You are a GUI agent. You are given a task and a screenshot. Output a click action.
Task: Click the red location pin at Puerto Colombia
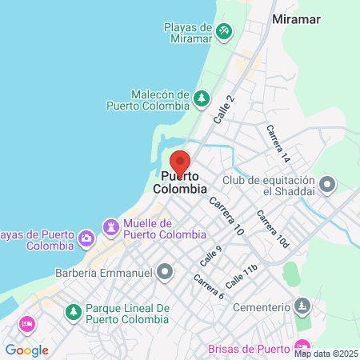pyautogui.click(x=180, y=161)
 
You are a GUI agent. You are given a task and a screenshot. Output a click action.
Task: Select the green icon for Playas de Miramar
pyautogui.click(x=225, y=32)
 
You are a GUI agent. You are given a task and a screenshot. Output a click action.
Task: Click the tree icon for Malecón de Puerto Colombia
pyautogui.click(x=202, y=99)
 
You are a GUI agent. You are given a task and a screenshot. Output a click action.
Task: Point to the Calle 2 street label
pyautogui.click(x=225, y=110)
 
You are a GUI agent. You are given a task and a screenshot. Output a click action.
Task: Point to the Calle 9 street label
pyautogui.click(x=211, y=256)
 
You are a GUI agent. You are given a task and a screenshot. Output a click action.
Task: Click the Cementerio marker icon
pyautogui.click(x=302, y=306)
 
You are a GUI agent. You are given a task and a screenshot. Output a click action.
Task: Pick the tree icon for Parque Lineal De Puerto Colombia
pyautogui.click(x=73, y=310)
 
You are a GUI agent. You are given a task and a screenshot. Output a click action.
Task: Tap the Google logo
pyautogui.click(x=26, y=350)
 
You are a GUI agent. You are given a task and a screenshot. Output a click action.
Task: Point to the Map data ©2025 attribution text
pyautogui.click(x=326, y=354)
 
